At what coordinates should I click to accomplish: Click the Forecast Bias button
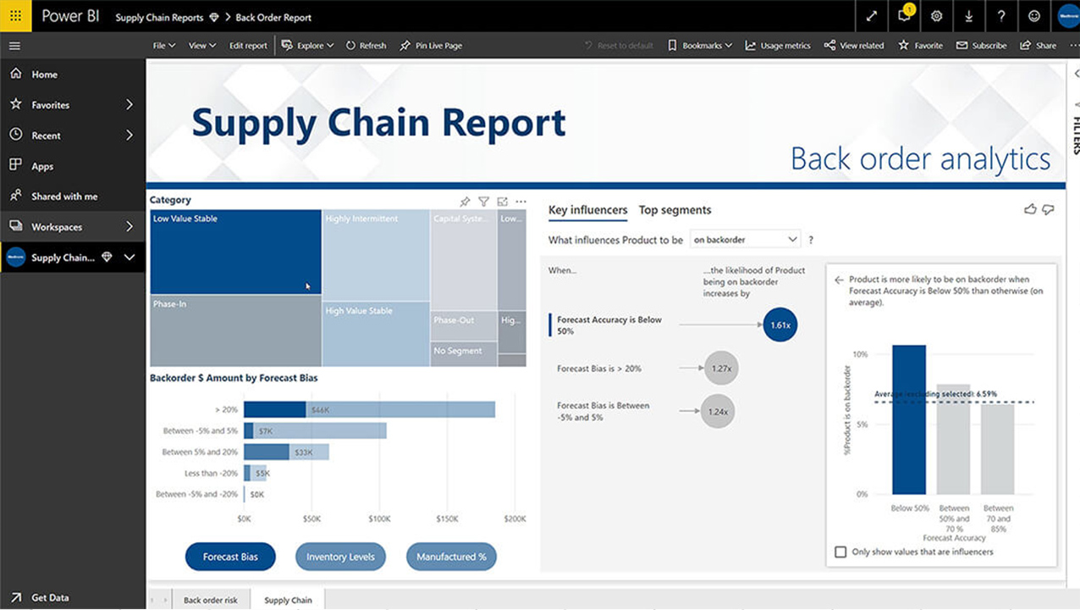click(230, 557)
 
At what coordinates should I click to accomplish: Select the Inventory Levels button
click(340, 557)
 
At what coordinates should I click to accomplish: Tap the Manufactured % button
click(451, 557)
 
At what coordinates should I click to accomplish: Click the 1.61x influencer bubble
click(780, 324)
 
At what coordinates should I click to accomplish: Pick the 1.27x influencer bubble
click(720, 369)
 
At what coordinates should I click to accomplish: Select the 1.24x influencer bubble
click(718, 412)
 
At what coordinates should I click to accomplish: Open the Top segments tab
click(675, 210)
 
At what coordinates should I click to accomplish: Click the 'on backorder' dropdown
click(745, 240)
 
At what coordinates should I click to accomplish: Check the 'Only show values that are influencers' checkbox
click(840, 552)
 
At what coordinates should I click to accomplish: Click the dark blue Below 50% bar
click(909, 419)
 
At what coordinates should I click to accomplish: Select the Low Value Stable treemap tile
click(235, 252)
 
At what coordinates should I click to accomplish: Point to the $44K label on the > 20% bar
click(320, 410)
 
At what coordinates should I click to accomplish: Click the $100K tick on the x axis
click(379, 518)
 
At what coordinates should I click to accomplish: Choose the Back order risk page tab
click(211, 600)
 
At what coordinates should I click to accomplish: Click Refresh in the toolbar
click(366, 46)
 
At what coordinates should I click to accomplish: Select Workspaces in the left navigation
click(57, 227)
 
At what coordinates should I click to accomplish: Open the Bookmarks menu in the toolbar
click(700, 46)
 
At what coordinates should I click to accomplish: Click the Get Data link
click(50, 597)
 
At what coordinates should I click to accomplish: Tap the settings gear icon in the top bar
click(936, 16)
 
